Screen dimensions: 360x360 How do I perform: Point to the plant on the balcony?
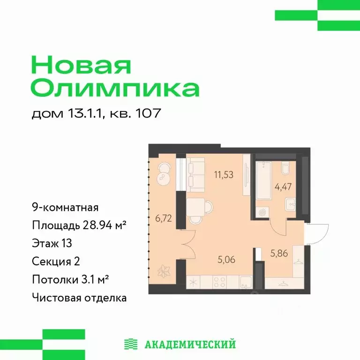tap(164, 271)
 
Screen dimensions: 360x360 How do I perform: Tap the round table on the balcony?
tap(165, 172)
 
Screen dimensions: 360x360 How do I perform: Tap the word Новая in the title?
tap(81, 65)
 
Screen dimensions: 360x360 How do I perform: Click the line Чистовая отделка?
tap(79, 297)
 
